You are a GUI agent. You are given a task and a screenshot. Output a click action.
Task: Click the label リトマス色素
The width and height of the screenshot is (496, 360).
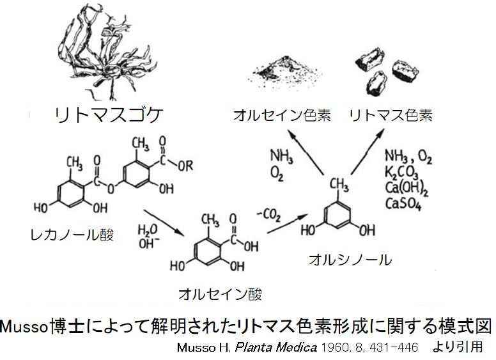[391, 116]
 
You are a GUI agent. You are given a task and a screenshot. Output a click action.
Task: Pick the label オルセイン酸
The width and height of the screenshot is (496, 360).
[221, 295]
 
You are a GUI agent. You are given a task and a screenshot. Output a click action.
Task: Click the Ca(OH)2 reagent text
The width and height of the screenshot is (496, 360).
[407, 188]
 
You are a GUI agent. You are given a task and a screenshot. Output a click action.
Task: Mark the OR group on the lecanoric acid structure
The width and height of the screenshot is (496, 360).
[187, 164]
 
